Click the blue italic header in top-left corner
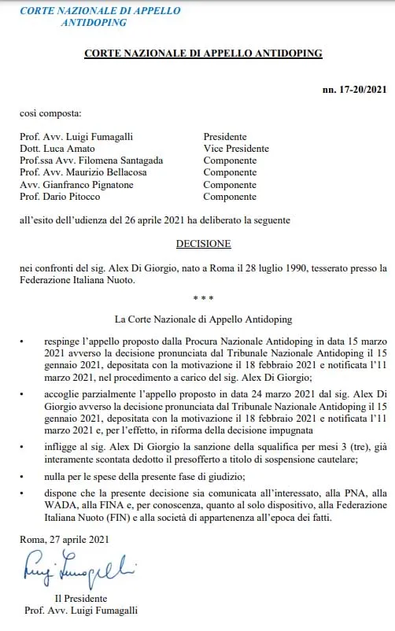coord(99,17)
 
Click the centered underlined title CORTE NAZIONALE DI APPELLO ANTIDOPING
coord(203,54)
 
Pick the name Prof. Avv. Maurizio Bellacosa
coord(82,172)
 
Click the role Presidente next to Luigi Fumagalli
coord(225,137)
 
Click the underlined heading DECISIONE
coord(203,244)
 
